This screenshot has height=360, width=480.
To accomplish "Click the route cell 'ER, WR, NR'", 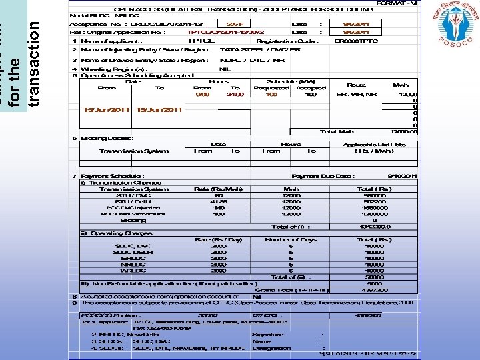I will (x=356, y=95).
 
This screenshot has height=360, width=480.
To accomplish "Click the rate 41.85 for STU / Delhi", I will (x=218, y=201).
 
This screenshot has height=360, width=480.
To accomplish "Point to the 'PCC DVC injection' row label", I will (x=133, y=207).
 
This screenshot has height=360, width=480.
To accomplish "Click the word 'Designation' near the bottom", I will (x=271, y=348).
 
